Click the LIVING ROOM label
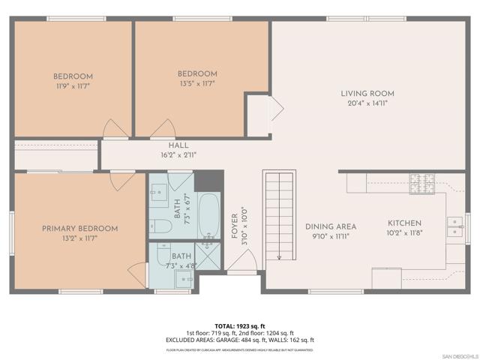[x=367, y=94]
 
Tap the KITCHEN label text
[x=404, y=223]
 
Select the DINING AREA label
[x=330, y=226]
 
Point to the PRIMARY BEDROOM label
[x=79, y=229]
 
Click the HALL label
[x=178, y=145]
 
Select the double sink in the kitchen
[x=454, y=226]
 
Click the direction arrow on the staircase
[x=279, y=256]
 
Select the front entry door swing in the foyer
[x=241, y=262]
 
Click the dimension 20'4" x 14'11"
[x=367, y=104]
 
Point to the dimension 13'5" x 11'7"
[x=197, y=84]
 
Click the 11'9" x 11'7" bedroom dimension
[x=73, y=87]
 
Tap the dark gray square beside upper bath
[x=209, y=181]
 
